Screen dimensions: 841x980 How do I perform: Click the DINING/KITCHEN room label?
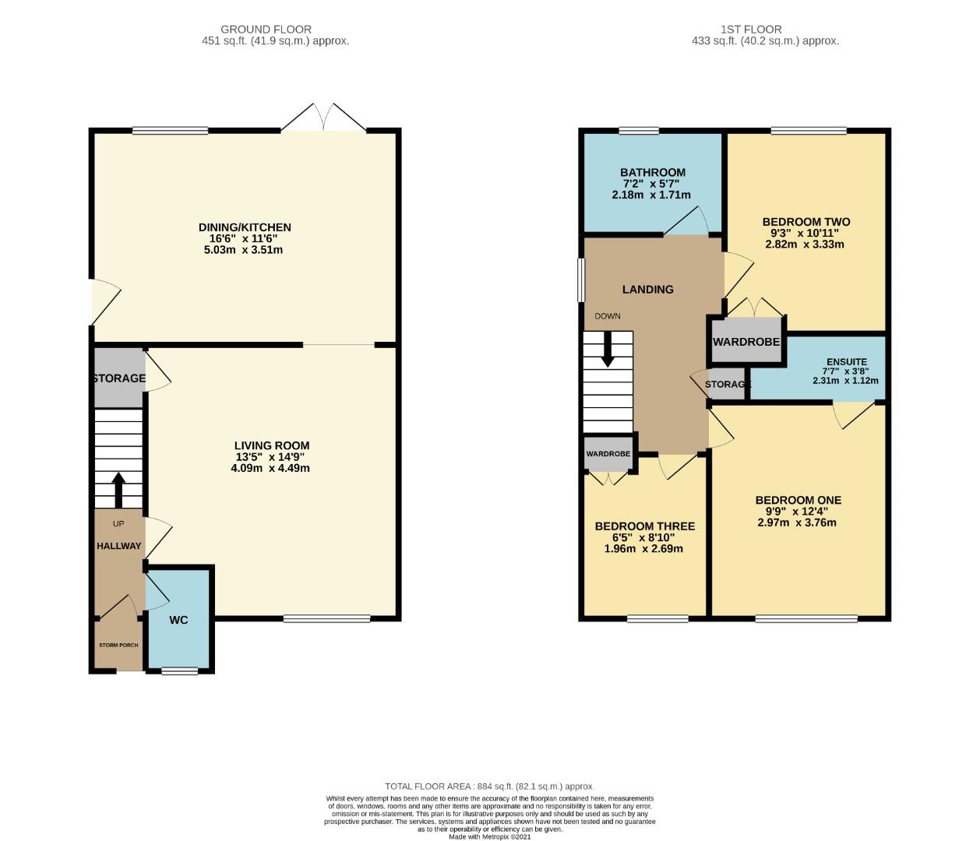pos(245,227)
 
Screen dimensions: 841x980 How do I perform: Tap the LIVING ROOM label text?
pos(271,446)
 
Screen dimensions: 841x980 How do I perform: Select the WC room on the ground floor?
pos(178,620)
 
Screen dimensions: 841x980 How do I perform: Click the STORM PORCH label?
pos(118,646)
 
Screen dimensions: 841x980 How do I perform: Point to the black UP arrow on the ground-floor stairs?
pos(118,489)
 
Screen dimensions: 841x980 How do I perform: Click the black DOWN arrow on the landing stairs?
pos(608,350)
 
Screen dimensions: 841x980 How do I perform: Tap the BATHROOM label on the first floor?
pos(652,172)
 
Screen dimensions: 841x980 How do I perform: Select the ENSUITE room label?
pos(846,361)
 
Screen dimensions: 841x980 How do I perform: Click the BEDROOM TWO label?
pos(806,222)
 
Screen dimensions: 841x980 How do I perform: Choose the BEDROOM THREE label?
pos(644,526)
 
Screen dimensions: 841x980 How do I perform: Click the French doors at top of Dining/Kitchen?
pos(324,118)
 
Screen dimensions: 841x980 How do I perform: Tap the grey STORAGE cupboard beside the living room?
pos(119,378)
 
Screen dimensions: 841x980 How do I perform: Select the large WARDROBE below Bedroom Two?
pos(746,342)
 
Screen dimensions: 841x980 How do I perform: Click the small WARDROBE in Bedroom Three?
pos(608,454)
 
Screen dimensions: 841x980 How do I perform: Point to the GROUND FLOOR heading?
pos(266,30)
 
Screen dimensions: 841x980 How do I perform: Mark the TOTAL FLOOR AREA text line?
pos(489,786)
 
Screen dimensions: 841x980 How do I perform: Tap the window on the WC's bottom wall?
pos(179,670)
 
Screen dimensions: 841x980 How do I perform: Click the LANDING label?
pos(647,289)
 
